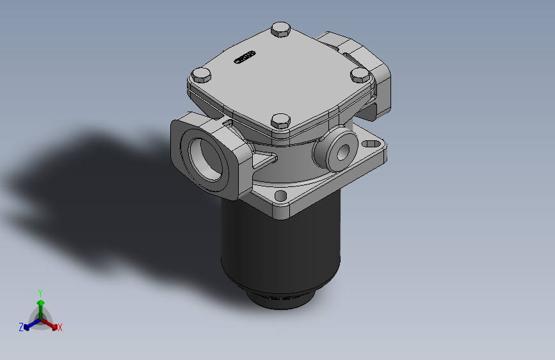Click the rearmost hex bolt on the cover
280,29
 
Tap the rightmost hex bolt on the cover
360,76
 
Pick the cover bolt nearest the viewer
280,120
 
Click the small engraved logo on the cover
244,58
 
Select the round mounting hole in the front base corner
280,195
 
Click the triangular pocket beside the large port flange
264,160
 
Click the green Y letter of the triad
40,292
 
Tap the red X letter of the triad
60,328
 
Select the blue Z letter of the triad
21,327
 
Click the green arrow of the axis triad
40,304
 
